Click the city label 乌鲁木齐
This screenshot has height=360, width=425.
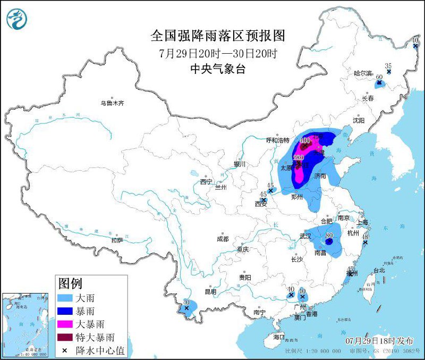112,103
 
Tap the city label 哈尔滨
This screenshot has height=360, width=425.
364,73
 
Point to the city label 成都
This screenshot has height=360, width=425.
223,239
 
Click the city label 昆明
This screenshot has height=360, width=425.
210,291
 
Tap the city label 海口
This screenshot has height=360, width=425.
279,337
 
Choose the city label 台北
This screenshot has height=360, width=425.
379,270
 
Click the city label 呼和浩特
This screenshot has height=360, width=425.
277,140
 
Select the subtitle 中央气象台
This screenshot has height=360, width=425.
218,69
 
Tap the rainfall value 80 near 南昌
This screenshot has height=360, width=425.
329,235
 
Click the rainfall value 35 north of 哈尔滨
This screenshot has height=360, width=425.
388,66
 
